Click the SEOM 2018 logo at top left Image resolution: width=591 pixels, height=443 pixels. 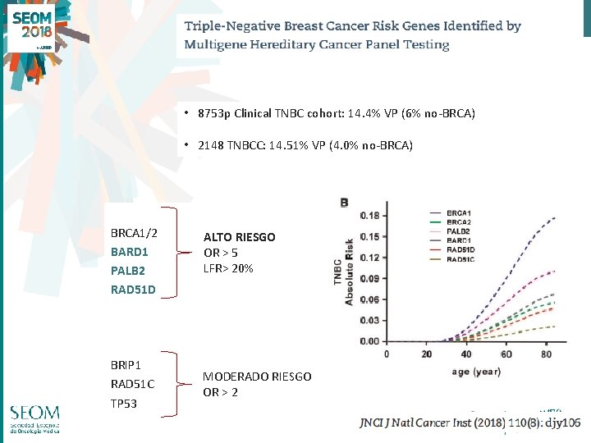tap(32, 30)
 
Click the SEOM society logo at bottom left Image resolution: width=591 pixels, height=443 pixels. tap(34, 422)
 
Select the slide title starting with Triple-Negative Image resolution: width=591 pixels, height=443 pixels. tap(352, 35)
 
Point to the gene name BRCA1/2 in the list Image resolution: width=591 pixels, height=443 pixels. tap(134, 233)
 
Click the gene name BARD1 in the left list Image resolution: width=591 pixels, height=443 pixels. tap(129, 252)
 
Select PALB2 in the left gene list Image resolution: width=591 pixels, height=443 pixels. tap(127, 270)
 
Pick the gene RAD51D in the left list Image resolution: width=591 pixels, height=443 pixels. tap(133, 289)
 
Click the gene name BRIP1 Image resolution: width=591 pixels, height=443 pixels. tap(127, 363)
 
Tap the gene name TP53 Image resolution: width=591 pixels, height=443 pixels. tap(124, 404)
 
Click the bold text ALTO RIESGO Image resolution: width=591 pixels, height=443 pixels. tap(239, 237)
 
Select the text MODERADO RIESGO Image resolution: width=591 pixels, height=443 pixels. tap(257, 377)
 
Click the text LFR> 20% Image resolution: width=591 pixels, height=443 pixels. tap(228, 268)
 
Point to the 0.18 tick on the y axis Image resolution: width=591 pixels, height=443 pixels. tap(369, 216)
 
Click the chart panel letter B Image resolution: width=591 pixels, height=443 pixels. tap(344, 202)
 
